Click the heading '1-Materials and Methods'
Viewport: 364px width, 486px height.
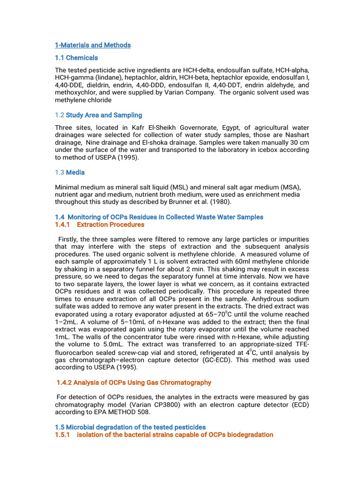93,45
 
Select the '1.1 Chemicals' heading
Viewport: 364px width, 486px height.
76,58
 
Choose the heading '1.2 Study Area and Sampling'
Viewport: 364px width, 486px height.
99,115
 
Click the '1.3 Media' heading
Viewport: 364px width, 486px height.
70,172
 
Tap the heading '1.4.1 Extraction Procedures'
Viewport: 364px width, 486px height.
100,224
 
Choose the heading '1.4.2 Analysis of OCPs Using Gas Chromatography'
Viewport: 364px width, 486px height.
134,383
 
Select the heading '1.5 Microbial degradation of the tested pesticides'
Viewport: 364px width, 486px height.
130,427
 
